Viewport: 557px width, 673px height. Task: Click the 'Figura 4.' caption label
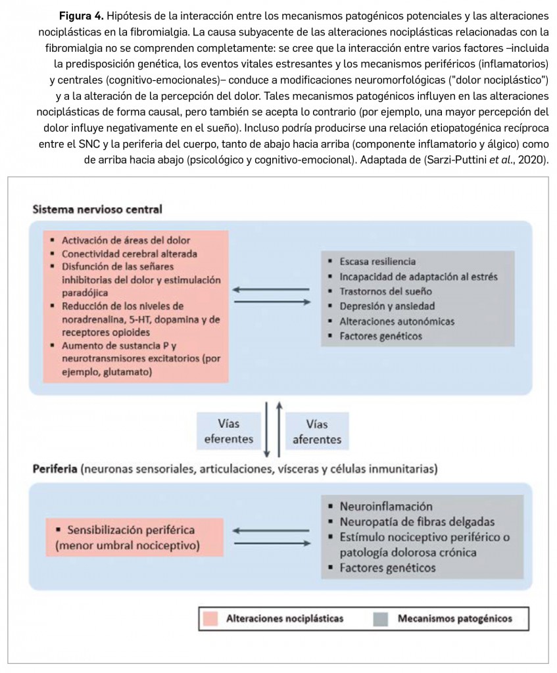pos(81,16)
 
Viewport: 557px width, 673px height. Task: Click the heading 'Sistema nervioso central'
pos(97,209)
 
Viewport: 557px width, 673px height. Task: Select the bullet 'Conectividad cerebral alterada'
pos(130,254)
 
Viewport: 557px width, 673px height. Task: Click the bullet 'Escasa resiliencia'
pos(377,262)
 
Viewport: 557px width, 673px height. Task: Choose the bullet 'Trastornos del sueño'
pos(386,291)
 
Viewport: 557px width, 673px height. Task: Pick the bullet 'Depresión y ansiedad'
pos(387,306)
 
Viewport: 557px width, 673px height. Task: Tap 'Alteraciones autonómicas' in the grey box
pos(397,321)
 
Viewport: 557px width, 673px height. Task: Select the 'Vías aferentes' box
pos(316,431)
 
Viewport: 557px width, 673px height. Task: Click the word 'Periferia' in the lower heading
pos(55,469)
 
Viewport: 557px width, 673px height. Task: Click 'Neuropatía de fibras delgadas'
pos(417,522)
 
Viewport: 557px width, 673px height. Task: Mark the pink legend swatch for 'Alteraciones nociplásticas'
pos(211,618)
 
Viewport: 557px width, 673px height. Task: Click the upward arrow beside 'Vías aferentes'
pos(279,427)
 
